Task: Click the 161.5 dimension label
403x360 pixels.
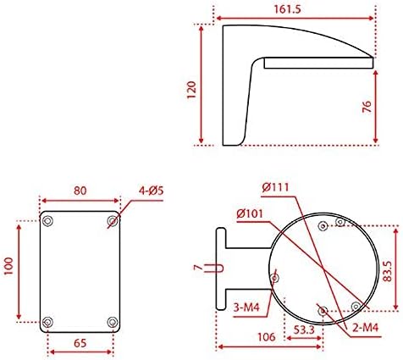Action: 288,9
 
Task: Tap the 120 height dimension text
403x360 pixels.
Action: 191,90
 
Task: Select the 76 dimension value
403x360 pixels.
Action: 367,107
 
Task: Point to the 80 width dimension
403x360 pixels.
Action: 80,191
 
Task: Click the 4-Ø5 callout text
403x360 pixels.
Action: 151,191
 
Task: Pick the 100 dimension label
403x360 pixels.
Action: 8,266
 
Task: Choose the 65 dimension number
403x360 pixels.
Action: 80,343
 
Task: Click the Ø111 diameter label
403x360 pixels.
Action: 275,187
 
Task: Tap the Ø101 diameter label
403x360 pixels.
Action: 250,213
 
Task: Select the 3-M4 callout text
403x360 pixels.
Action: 246,307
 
